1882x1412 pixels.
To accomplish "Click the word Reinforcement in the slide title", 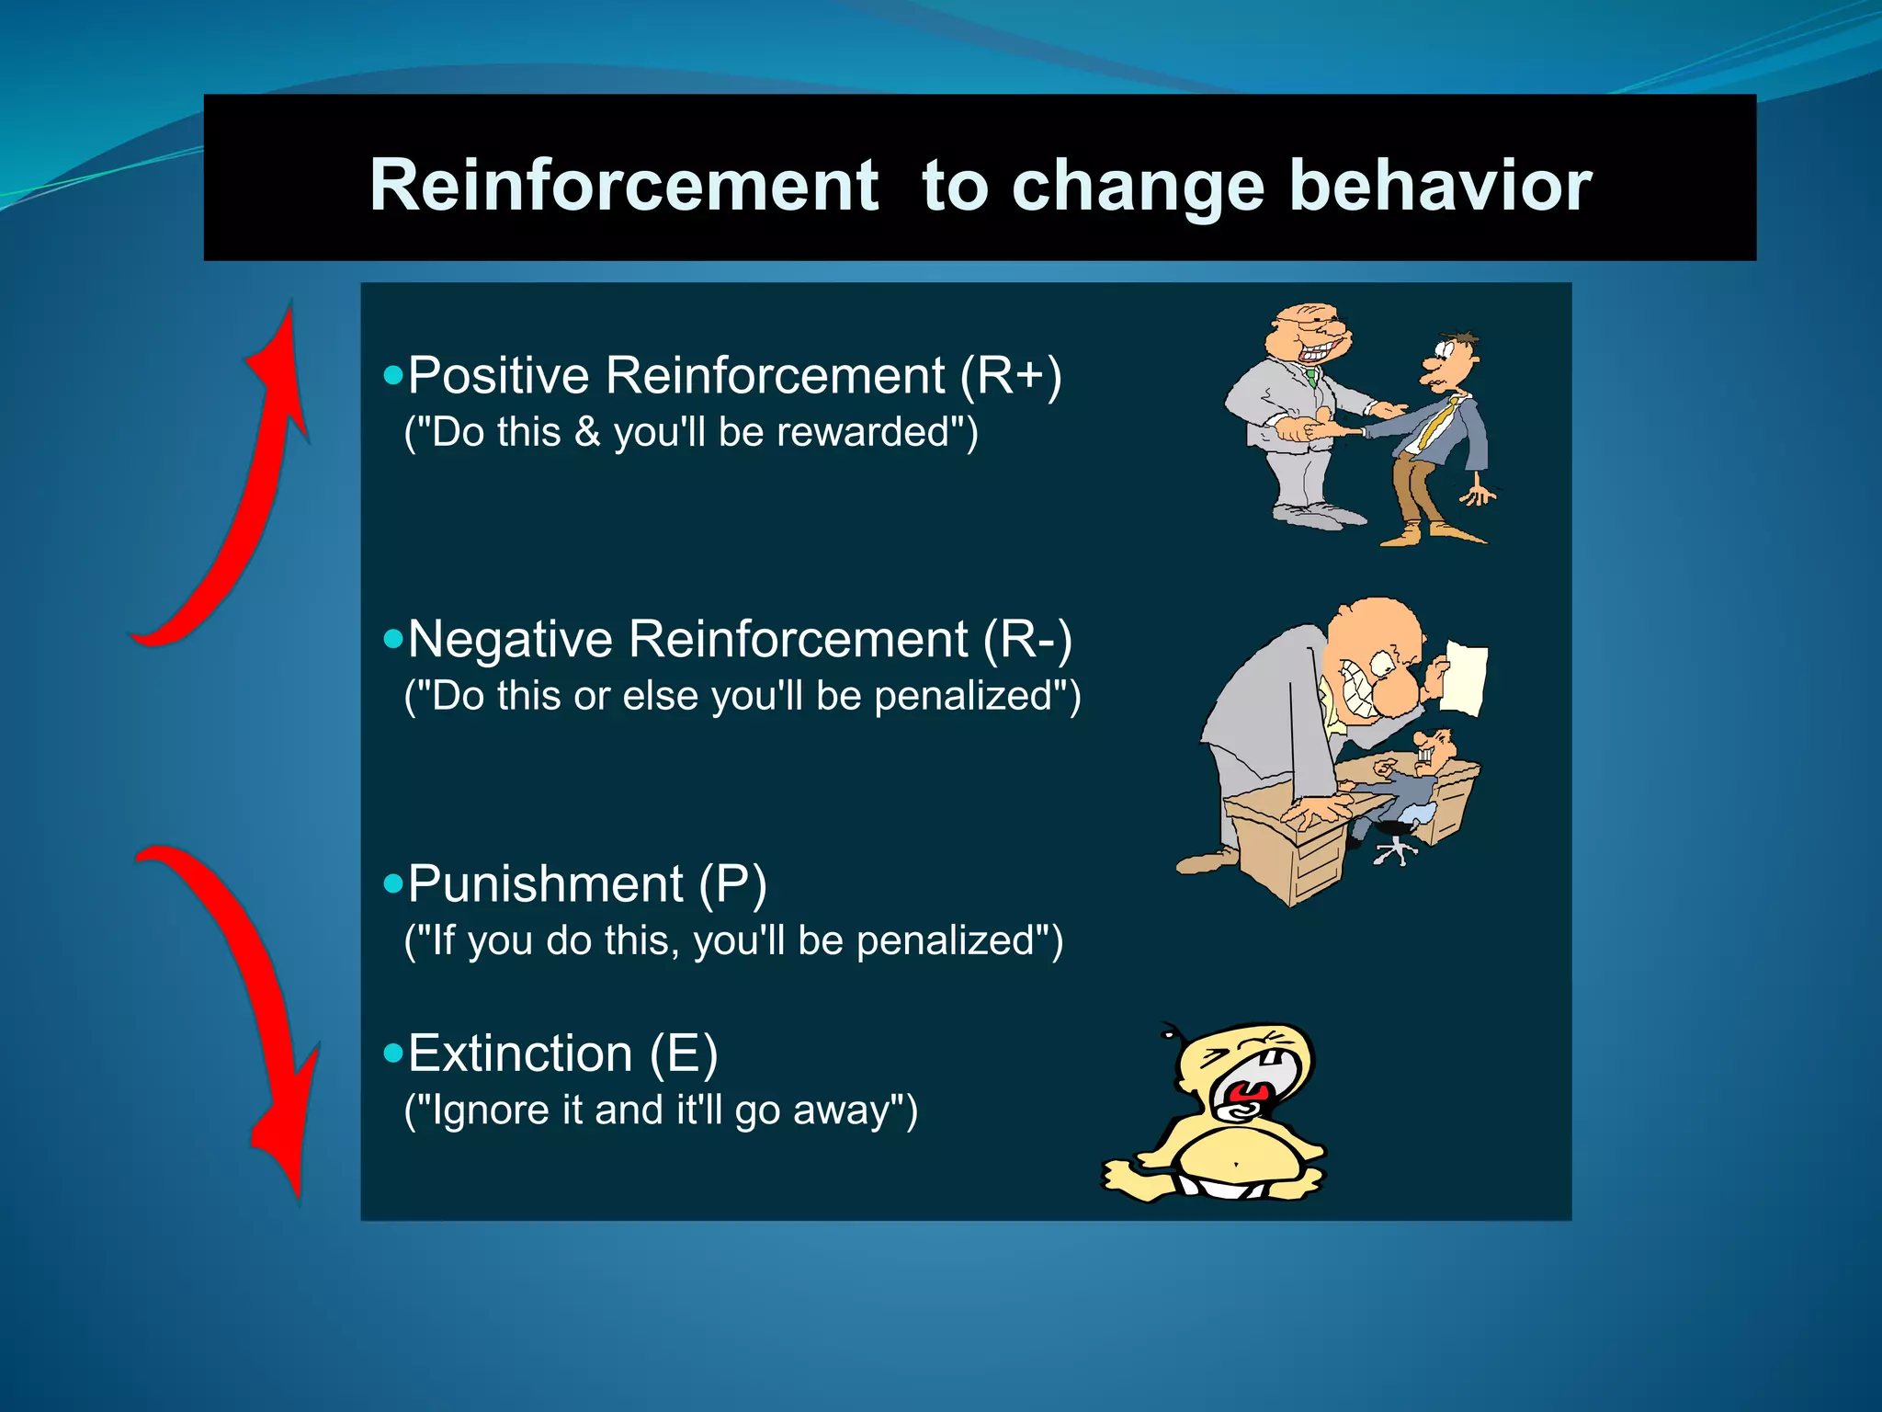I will pos(624,186).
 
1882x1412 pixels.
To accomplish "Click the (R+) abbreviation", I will pos(1011,376).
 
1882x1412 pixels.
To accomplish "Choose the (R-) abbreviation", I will pos(1027,640).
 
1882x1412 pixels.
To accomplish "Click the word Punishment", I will pos(545,884).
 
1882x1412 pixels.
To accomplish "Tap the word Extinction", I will pos(520,1053).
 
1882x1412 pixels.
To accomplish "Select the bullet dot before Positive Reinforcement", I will pos(393,375).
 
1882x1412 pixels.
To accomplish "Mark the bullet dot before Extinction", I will pos(393,1053).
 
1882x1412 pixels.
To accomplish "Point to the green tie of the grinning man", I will pos(1311,376).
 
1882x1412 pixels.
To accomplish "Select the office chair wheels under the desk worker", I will pos(1396,851).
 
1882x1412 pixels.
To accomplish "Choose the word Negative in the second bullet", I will pos(510,640).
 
